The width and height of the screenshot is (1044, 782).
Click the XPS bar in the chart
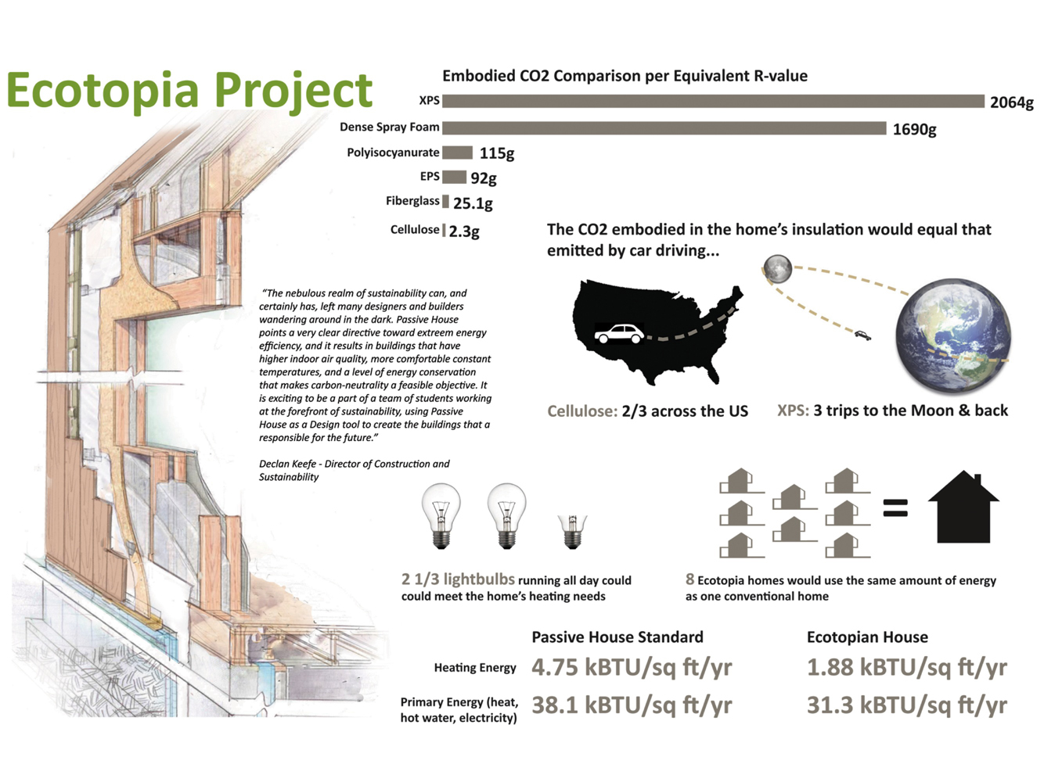tap(713, 101)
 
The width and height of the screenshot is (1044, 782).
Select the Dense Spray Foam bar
tap(664, 127)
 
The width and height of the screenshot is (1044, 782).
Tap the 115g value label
tap(496, 153)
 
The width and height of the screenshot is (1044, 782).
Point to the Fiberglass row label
tap(412, 201)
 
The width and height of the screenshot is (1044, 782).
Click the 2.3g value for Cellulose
tap(464, 231)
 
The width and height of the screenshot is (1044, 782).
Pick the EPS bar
tap(454, 178)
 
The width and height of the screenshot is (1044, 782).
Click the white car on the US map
tap(619, 333)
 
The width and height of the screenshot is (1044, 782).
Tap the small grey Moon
tap(778, 269)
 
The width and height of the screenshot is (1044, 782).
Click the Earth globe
tap(952, 336)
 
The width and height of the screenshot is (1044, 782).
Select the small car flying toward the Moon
tap(862, 335)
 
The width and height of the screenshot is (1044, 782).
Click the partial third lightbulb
tap(572, 531)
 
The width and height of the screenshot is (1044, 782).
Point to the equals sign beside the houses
tap(895, 508)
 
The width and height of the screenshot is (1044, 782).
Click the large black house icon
tap(963, 507)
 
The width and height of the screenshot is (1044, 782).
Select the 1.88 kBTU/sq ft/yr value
tap(906, 668)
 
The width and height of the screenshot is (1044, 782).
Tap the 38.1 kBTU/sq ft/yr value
tap(632, 705)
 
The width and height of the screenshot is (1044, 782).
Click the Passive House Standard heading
tap(617, 637)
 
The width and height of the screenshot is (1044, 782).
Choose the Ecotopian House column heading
tap(867, 637)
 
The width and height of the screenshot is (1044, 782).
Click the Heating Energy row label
tap(475, 668)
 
